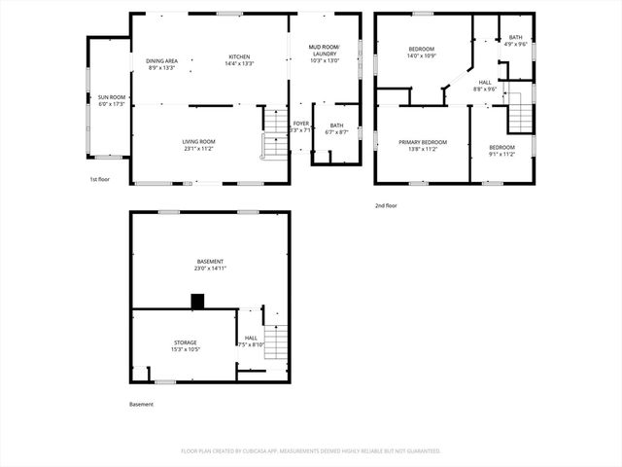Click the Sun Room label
tap(112, 100)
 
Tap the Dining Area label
tap(162, 63)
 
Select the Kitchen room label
tap(240, 60)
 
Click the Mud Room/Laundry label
tap(324, 54)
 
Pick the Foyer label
tap(301, 126)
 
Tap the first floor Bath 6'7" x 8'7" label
tap(336, 128)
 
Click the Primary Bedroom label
tap(423, 145)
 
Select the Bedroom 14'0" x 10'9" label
tap(422, 53)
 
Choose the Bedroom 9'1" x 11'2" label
tap(501, 151)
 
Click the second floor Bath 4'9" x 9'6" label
tap(515, 41)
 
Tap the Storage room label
tap(186, 345)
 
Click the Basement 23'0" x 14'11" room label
tap(210, 265)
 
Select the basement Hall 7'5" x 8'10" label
tap(251, 341)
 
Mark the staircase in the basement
tap(277, 341)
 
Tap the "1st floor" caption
tap(99, 180)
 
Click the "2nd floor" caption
tap(386, 205)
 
